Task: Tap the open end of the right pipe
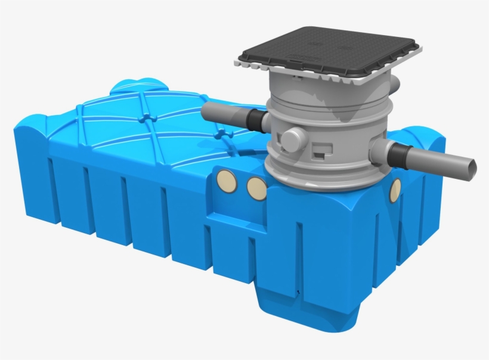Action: tap(471, 165)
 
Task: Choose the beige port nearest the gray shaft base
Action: tap(257, 187)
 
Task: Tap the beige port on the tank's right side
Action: tap(395, 189)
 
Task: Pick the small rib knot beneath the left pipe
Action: tap(222, 135)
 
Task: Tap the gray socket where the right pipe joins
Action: tap(380, 153)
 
